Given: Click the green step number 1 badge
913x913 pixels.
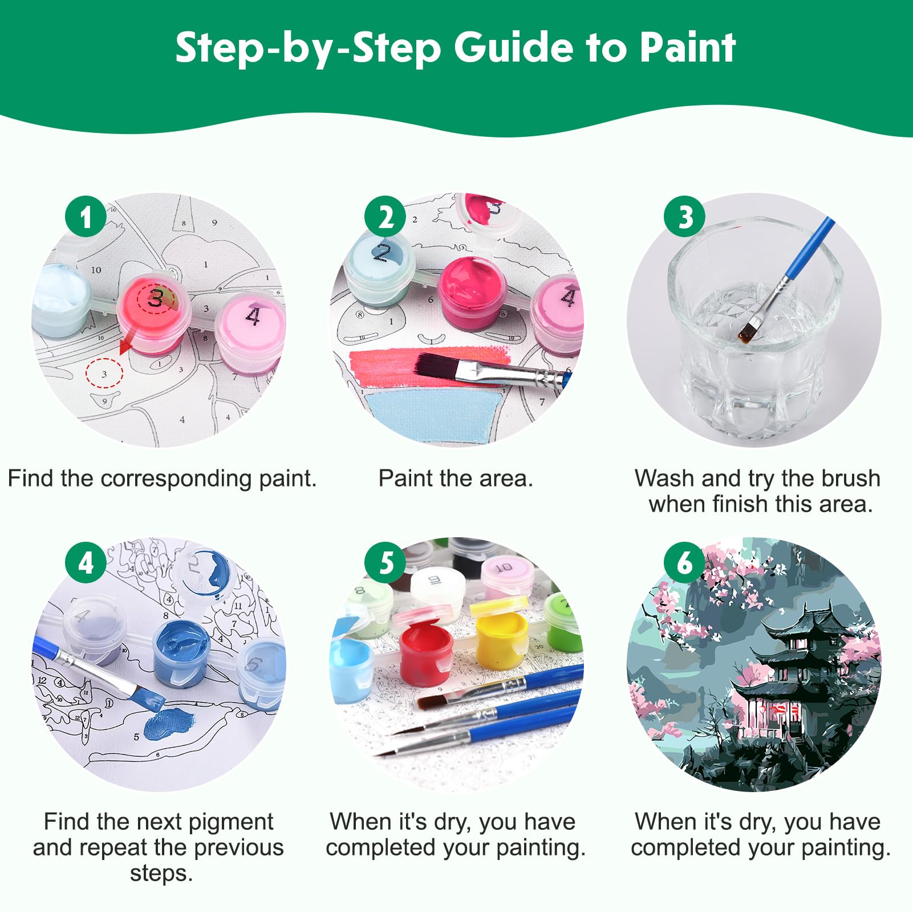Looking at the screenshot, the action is tap(86, 217).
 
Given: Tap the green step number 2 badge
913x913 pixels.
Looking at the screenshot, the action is tap(386, 217).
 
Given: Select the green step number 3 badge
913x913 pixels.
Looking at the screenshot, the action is tap(685, 217).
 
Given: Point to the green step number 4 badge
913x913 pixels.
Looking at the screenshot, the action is tap(86, 563).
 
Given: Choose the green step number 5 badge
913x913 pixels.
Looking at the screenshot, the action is tap(386, 563).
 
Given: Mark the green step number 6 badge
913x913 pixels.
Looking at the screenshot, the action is tap(685, 563).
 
